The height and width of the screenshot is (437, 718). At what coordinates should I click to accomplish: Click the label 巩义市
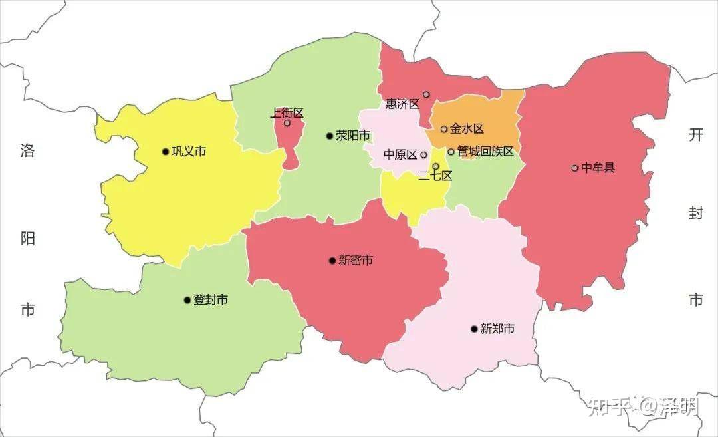tap(189, 152)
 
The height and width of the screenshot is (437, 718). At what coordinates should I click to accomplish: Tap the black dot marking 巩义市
tap(166, 152)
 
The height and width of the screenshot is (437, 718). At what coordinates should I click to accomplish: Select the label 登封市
tap(211, 300)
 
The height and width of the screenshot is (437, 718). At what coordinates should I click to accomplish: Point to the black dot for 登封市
tap(187, 300)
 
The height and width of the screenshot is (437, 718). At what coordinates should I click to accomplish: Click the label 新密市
tap(356, 261)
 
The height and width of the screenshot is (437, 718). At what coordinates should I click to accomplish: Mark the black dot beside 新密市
tap(332, 261)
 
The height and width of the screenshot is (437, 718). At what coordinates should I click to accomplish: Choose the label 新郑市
tap(497, 329)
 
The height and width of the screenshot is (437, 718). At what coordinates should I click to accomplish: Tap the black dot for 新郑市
tap(474, 329)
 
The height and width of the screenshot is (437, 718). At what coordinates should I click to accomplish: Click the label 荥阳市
tap(352, 136)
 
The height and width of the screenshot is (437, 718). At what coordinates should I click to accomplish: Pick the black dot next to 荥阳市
tap(329, 136)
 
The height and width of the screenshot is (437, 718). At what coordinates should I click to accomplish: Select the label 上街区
tap(287, 113)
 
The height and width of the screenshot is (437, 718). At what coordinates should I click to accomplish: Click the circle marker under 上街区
tap(287, 123)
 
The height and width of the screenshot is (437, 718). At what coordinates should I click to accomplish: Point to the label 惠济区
tap(403, 104)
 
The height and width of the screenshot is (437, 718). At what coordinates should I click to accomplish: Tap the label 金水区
tap(467, 129)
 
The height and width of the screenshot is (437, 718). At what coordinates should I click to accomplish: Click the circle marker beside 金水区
tap(444, 129)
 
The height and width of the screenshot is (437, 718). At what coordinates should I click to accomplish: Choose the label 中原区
tap(400, 155)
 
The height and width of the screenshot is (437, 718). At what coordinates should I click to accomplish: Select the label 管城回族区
tap(485, 152)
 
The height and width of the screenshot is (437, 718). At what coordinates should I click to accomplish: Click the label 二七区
tap(435, 176)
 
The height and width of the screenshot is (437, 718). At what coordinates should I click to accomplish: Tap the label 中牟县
tap(598, 168)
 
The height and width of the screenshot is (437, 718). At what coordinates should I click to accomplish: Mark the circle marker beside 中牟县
tap(575, 168)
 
